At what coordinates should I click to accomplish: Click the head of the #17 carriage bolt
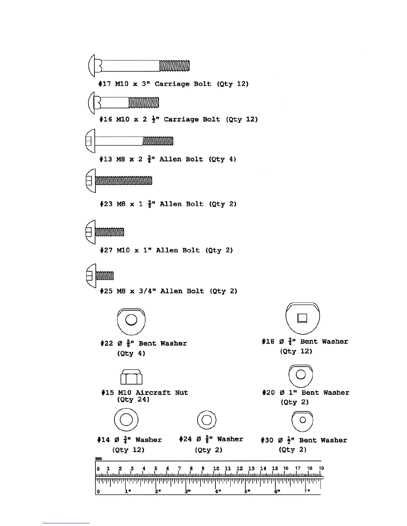coord(94,65)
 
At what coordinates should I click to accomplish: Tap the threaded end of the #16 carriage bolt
coord(144,103)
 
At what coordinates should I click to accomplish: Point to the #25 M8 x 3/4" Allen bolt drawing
coord(100,276)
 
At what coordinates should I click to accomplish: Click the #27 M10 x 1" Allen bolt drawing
coord(105,232)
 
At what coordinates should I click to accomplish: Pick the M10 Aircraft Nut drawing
coord(131,377)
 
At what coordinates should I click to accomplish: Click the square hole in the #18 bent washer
coord(302,318)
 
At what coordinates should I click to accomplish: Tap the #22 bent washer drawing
coord(131,321)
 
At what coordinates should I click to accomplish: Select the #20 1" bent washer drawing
coord(301,375)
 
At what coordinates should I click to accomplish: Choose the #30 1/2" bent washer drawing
coord(302,421)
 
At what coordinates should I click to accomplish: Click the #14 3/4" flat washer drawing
coord(126,420)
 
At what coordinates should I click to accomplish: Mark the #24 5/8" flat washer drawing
coord(206,420)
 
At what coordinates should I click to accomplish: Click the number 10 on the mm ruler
coord(216,469)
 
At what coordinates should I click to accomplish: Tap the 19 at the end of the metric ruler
coord(321,468)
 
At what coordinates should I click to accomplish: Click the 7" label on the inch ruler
coord(307,491)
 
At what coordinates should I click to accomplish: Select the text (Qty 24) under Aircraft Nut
coord(133,399)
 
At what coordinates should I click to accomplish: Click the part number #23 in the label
coord(106,204)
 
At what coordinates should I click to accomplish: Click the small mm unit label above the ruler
coord(98,459)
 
